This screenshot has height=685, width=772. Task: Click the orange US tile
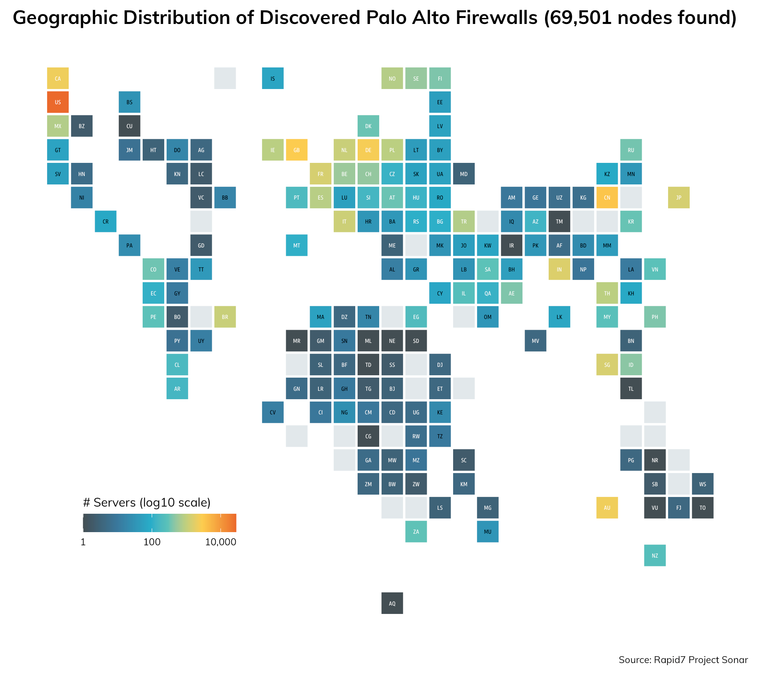(58, 102)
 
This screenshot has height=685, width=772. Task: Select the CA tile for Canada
(58, 78)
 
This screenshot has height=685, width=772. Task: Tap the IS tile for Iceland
(273, 78)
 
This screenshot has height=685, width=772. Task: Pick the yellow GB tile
(296, 150)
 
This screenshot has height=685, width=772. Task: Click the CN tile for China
(607, 198)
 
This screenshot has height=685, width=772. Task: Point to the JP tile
(678, 198)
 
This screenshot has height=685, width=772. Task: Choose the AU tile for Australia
(607, 508)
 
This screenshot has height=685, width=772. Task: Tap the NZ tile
(655, 555)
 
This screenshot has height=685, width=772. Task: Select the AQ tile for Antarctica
(392, 603)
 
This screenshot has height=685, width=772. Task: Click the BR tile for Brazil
(225, 317)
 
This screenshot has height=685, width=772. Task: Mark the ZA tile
(416, 532)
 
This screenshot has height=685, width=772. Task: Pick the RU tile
(631, 150)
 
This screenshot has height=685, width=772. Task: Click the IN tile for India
(559, 269)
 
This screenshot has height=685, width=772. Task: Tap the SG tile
(607, 364)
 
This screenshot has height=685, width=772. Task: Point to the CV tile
(273, 412)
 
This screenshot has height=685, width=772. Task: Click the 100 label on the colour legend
(152, 542)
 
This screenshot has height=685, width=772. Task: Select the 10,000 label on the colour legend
(221, 542)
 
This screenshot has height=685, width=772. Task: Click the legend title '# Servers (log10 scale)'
(147, 503)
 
